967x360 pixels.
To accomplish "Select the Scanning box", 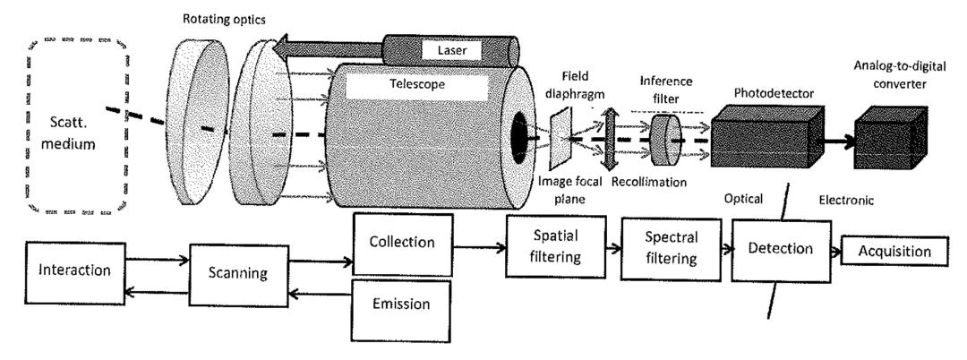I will pos(235,271).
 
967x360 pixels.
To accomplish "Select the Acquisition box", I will pos(894,252).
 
